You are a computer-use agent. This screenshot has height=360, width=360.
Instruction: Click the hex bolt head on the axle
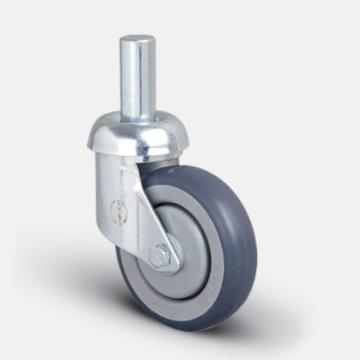click(x=159, y=255)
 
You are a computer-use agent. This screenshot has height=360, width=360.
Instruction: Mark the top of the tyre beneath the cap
click(x=200, y=172)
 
